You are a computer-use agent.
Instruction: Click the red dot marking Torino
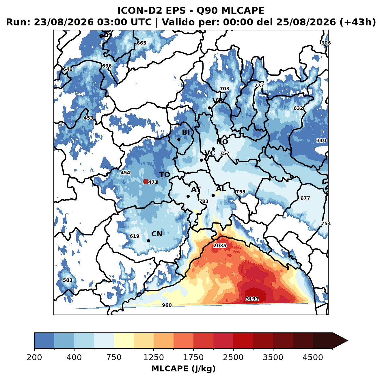tap(146, 181)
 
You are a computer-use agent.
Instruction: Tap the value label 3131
tap(252, 299)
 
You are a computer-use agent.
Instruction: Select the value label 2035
tap(220, 246)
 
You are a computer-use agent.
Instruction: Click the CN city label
tap(157, 234)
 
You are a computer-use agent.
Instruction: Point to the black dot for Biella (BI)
tap(179, 140)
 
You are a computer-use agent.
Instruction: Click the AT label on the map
tap(196, 189)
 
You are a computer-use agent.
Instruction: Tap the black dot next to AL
tap(213, 195)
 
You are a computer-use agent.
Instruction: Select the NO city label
tap(222, 142)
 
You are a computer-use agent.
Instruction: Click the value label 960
tap(167, 305)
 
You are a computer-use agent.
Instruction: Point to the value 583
tap(68, 280)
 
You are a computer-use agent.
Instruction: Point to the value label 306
tap(326, 43)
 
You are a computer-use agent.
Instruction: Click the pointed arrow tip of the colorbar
tap(348, 341)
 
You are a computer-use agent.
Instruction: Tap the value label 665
tap(141, 43)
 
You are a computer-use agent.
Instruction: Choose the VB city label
tap(218, 101)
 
